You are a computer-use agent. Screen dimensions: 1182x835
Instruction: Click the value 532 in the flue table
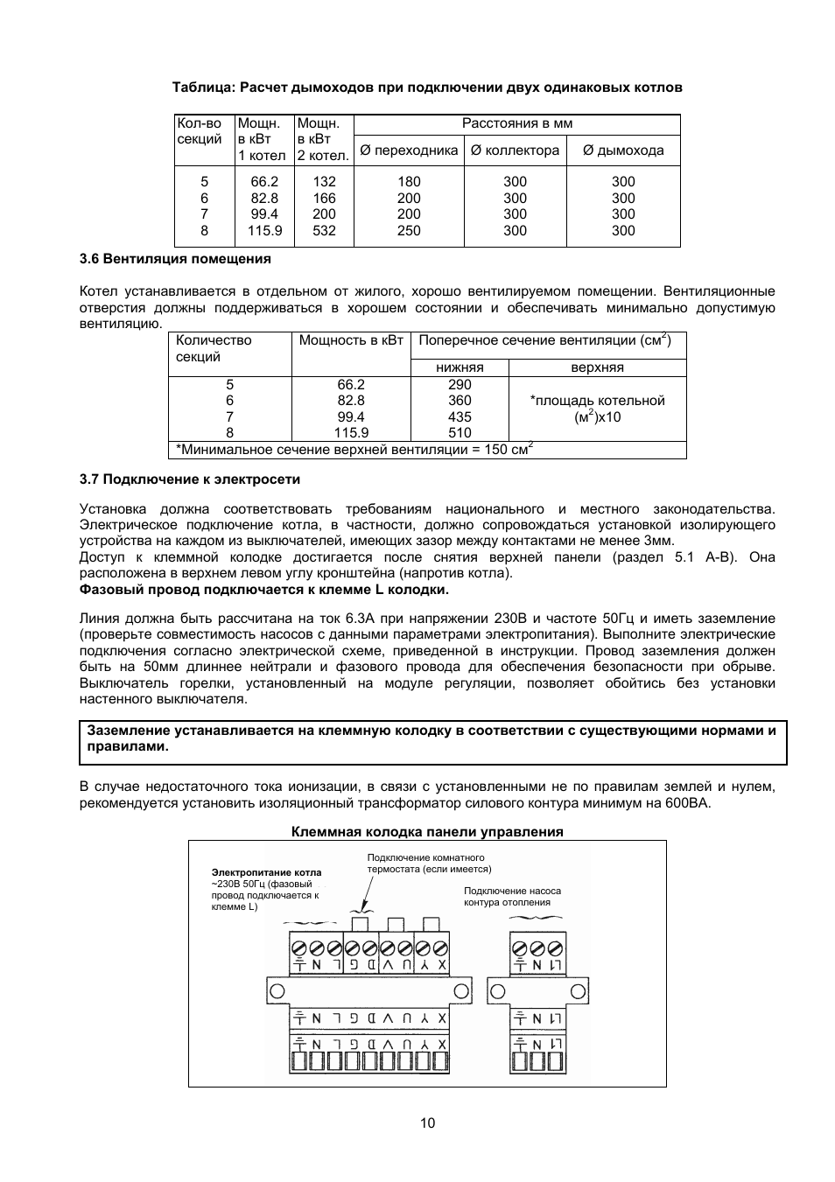(x=324, y=231)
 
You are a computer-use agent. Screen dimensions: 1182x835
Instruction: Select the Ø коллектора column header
(x=515, y=150)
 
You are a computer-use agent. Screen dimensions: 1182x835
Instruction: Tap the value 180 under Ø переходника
(x=409, y=182)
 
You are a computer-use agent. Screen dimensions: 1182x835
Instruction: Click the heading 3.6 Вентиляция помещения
(x=175, y=259)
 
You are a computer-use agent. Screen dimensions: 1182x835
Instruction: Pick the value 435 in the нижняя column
(x=460, y=417)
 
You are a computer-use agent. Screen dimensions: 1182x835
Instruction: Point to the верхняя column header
(x=597, y=367)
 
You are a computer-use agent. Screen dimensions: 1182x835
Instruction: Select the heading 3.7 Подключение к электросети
(x=190, y=479)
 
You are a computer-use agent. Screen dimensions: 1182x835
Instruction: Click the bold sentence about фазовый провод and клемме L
(x=264, y=590)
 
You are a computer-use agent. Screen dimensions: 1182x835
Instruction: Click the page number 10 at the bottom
(x=427, y=1123)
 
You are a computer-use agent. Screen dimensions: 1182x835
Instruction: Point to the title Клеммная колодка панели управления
(x=427, y=832)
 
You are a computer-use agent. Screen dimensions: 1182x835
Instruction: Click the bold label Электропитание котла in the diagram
(x=266, y=872)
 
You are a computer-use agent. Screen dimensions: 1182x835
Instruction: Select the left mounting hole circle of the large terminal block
(x=277, y=991)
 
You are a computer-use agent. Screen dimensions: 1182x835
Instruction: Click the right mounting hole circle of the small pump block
(x=578, y=991)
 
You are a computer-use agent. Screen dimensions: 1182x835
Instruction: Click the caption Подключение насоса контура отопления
(x=512, y=897)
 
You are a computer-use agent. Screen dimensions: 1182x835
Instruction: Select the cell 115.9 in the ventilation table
(x=351, y=433)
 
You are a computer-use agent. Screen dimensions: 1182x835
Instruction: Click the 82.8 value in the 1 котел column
(x=264, y=199)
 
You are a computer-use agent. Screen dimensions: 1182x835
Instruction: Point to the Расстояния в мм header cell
(x=516, y=124)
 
